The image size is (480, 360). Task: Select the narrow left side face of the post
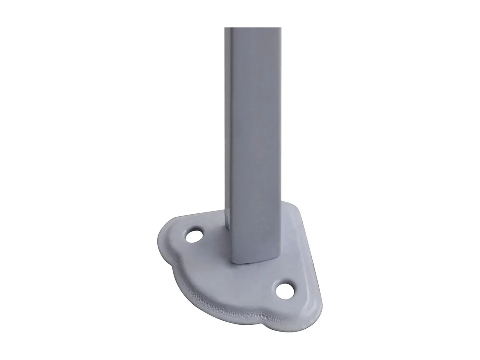point(229,128)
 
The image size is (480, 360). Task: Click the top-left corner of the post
point(225,28)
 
